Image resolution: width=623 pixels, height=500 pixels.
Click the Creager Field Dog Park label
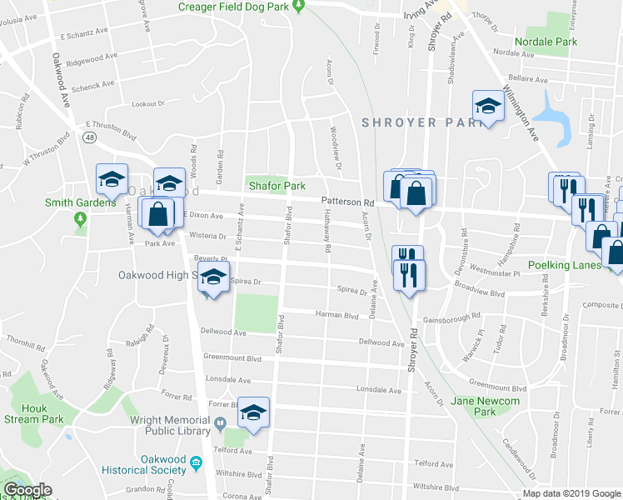coord(238,7)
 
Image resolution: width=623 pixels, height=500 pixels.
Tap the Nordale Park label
coord(569,42)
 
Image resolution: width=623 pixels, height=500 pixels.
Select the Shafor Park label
coord(275,186)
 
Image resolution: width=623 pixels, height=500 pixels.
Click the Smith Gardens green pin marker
coord(81,219)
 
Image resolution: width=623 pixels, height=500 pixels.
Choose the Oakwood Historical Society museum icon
coord(196,462)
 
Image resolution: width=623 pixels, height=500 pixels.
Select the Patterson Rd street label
coord(348,202)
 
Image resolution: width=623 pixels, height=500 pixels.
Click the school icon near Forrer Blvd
coord(254,411)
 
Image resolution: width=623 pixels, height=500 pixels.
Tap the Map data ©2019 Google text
coord(571,493)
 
